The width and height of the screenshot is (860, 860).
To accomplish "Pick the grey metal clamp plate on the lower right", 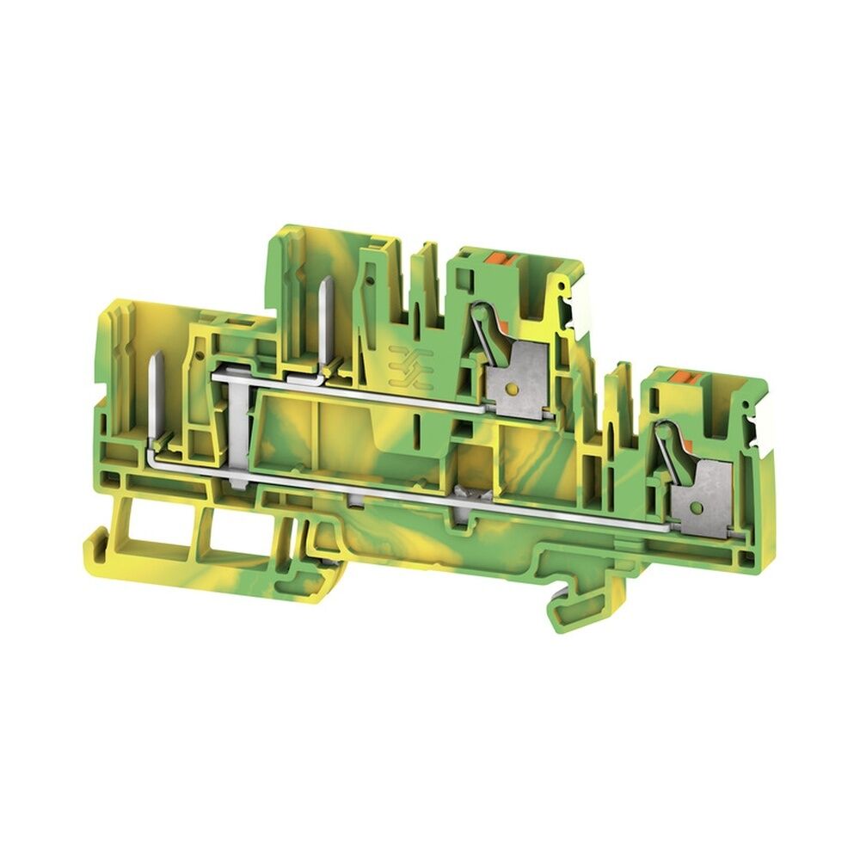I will [709, 493].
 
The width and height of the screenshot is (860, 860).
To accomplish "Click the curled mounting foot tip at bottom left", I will [91, 544].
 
